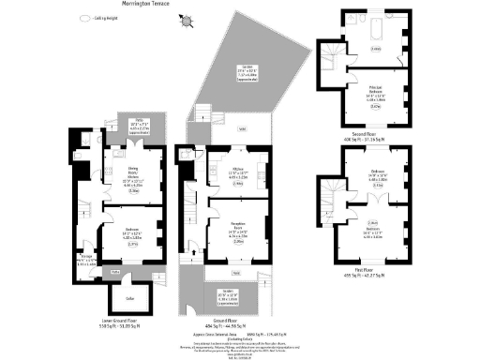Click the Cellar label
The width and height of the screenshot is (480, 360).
121,298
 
